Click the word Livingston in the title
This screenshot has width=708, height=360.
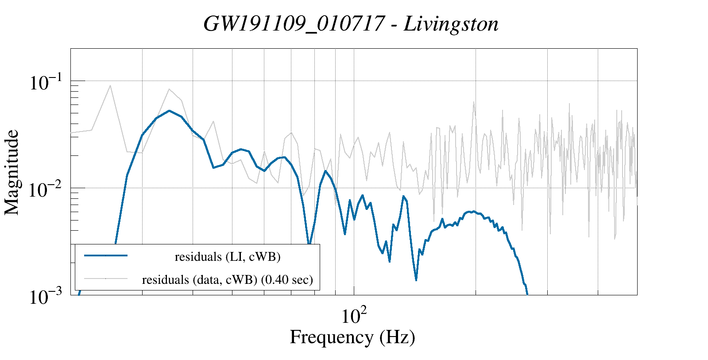pyautogui.click(x=451, y=24)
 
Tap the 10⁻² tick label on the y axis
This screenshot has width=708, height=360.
pyautogui.click(x=46, y=190)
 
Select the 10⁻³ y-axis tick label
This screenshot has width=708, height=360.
pyautogui.click(x=46, y=297)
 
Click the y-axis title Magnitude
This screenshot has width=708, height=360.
pyautogui.click(x=12, y=173)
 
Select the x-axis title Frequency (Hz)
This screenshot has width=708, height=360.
pyautogui.click(x=352, y=337)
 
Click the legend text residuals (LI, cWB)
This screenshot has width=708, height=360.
pyautogui.click(x=228, y=256)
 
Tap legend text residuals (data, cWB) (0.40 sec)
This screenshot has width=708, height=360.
pyautogui.click(x=228, y=280)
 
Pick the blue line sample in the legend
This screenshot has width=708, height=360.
pyautogui.click(x=106, y=255)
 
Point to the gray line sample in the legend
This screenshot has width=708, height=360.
pyautogui.click(x=106, y=279)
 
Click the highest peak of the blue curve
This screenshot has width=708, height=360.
pyautogui.click(x=169, y=111)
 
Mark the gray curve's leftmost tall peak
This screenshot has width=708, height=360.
pyautogui.click(x=110, y=85)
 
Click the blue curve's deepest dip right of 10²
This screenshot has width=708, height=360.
pyautogui.click(x=416, y=280)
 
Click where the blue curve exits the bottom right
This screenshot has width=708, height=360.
pyautogui.click(x=527, y=293)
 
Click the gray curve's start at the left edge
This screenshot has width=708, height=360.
pyautogui.click(x=72, y=132)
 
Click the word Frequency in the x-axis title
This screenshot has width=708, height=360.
pyautogui.click(x=331, y=337)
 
